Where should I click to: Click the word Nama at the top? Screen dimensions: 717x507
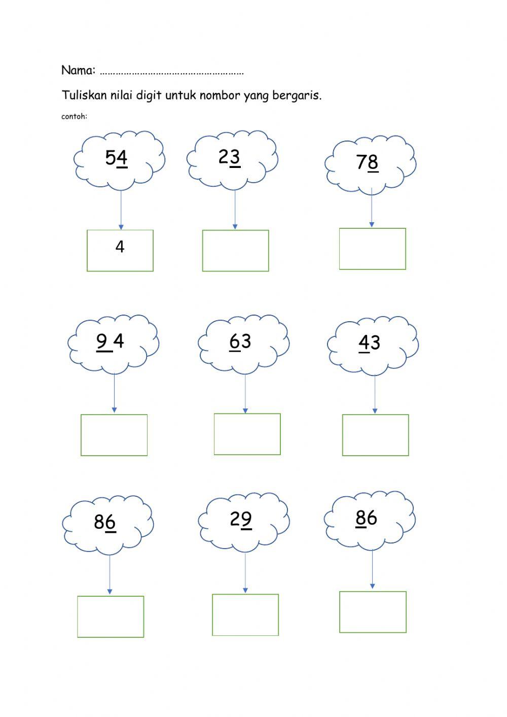pos(78,70)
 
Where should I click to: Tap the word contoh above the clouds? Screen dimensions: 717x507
pos(74,116)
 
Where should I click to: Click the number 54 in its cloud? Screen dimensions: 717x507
pos(116,158)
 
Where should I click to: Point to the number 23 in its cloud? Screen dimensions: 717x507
pos(229,157)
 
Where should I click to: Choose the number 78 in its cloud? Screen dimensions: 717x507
pos(367,162)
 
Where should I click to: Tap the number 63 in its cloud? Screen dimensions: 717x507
pos(240,342)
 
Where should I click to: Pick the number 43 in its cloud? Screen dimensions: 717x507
pos(369,343)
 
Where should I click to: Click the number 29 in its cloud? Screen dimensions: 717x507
pos(240,519)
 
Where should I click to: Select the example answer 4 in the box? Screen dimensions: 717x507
pos(120,247)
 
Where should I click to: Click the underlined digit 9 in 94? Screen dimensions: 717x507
pos(102,341)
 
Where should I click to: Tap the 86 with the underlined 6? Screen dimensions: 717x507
pos(105,522)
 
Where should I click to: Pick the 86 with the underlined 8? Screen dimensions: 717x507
pos(366,518)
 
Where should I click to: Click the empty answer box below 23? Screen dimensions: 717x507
pos(235,251)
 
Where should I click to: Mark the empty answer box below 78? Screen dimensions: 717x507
pos(372,249)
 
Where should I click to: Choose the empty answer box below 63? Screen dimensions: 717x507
pos(247,434)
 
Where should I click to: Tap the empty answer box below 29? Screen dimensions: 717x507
pos(245,614)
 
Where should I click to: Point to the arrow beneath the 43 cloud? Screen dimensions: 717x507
pos(375,394)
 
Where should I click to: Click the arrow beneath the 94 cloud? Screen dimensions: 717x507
pos(114,393)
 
